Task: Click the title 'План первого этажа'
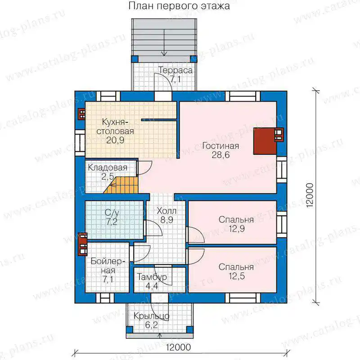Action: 179,6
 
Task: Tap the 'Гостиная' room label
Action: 220,146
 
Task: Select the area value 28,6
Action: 220,155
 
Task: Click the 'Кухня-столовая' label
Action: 115,126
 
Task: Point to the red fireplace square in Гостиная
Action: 265,141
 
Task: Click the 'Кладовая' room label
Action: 108,167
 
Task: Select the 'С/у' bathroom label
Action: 112,212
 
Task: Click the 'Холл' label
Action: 166,211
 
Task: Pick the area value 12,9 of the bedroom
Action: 237,229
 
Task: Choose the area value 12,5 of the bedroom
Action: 237,276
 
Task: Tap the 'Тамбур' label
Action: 152,277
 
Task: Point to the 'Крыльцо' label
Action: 152,316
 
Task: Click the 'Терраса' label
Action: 175,70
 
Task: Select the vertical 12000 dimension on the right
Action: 310,196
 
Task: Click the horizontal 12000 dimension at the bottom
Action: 178,347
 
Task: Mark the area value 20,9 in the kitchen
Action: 115,140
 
